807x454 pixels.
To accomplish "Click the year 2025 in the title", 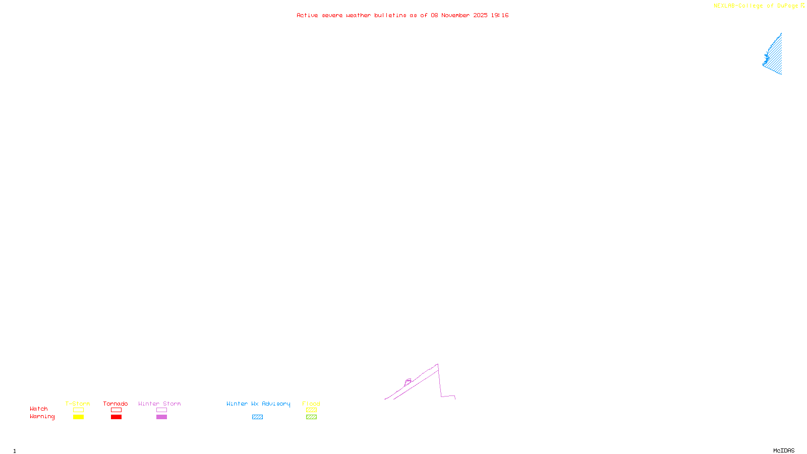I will coord(480,16).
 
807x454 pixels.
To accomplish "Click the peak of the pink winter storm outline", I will coord(437,364).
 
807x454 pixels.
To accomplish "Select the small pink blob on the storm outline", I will coord(408,381).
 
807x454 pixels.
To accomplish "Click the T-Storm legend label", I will coord(78,404).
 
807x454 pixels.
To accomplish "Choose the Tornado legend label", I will coord(116,404).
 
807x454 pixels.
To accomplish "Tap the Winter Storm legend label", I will coord(159,404).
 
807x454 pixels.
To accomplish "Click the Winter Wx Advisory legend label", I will coord(258,404).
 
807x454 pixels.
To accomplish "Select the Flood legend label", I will coord(311,404).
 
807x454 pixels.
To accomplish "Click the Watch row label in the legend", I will coord(39,409).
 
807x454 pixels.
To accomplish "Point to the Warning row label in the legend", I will coord(42,417).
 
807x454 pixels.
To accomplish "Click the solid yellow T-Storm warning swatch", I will coord(78,417).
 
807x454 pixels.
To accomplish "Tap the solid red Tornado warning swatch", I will coord(116,417).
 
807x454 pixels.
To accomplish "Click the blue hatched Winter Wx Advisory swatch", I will coord(257,417).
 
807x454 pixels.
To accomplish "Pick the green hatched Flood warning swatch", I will coord(311,417).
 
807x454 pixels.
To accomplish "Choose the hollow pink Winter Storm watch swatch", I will coord(161,410).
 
